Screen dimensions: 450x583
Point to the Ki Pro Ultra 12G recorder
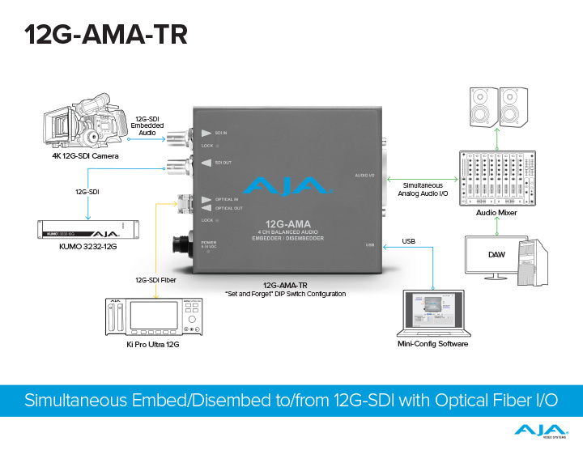click(154, 316)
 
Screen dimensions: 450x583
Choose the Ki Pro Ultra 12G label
click(154, 345)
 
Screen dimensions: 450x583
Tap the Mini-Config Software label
click(432, 344)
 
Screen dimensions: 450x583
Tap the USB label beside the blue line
click(408, 241)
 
